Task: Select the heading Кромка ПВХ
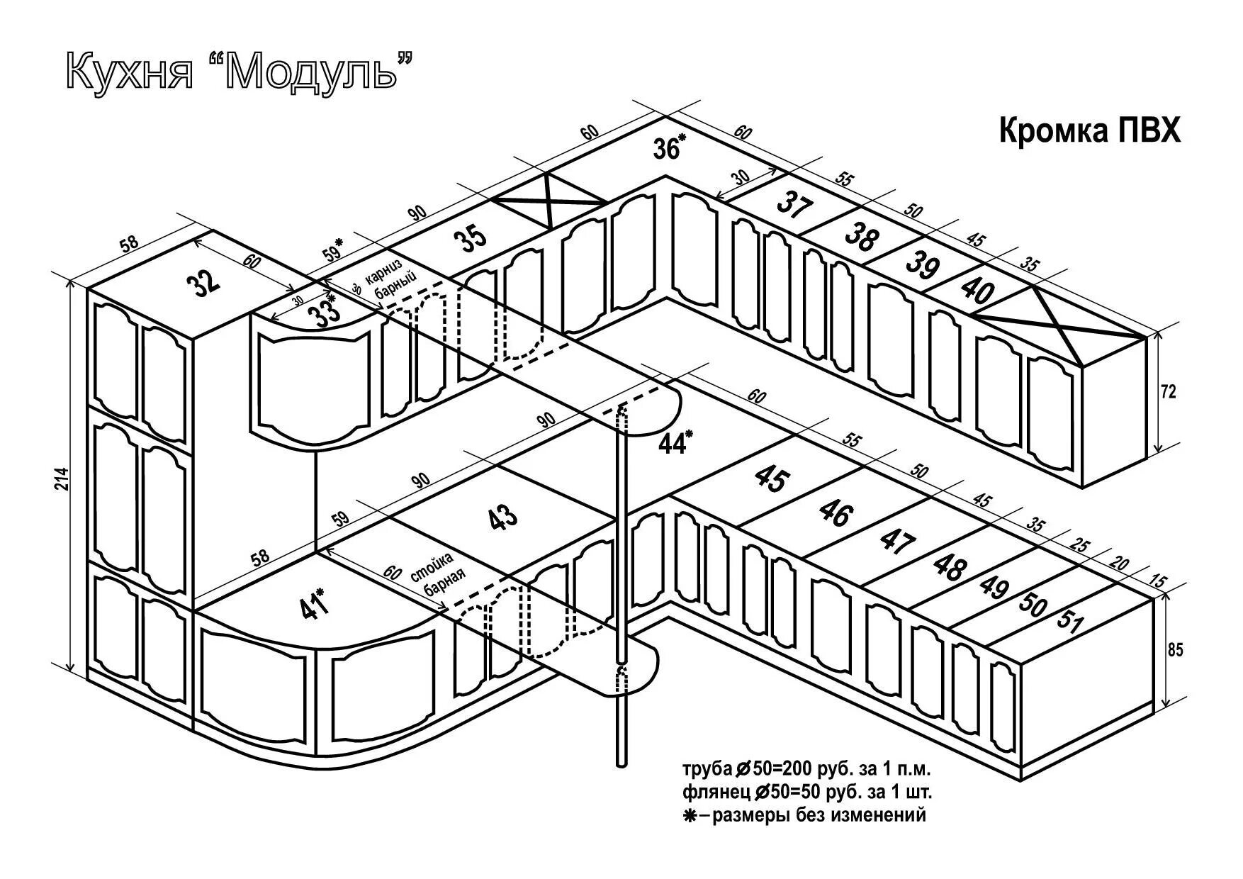[1089, 132]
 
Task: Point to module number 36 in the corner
[666, 150]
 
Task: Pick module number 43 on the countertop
[504, 517]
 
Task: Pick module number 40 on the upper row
[979, 290]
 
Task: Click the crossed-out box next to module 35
[550, 201]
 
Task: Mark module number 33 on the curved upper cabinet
[327, 313]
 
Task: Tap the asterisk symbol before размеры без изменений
[689, 815]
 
